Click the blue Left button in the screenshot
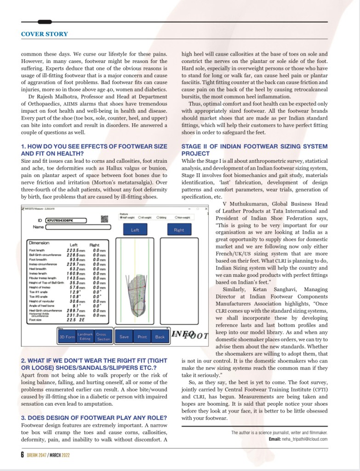135,230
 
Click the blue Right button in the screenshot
179,230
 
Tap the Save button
124,337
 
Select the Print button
142,337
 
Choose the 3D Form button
67,337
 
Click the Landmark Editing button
85,337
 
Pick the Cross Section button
103,337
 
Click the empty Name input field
78,227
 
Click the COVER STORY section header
45,34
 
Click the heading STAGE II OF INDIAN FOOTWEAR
254,147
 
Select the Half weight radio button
121,218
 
